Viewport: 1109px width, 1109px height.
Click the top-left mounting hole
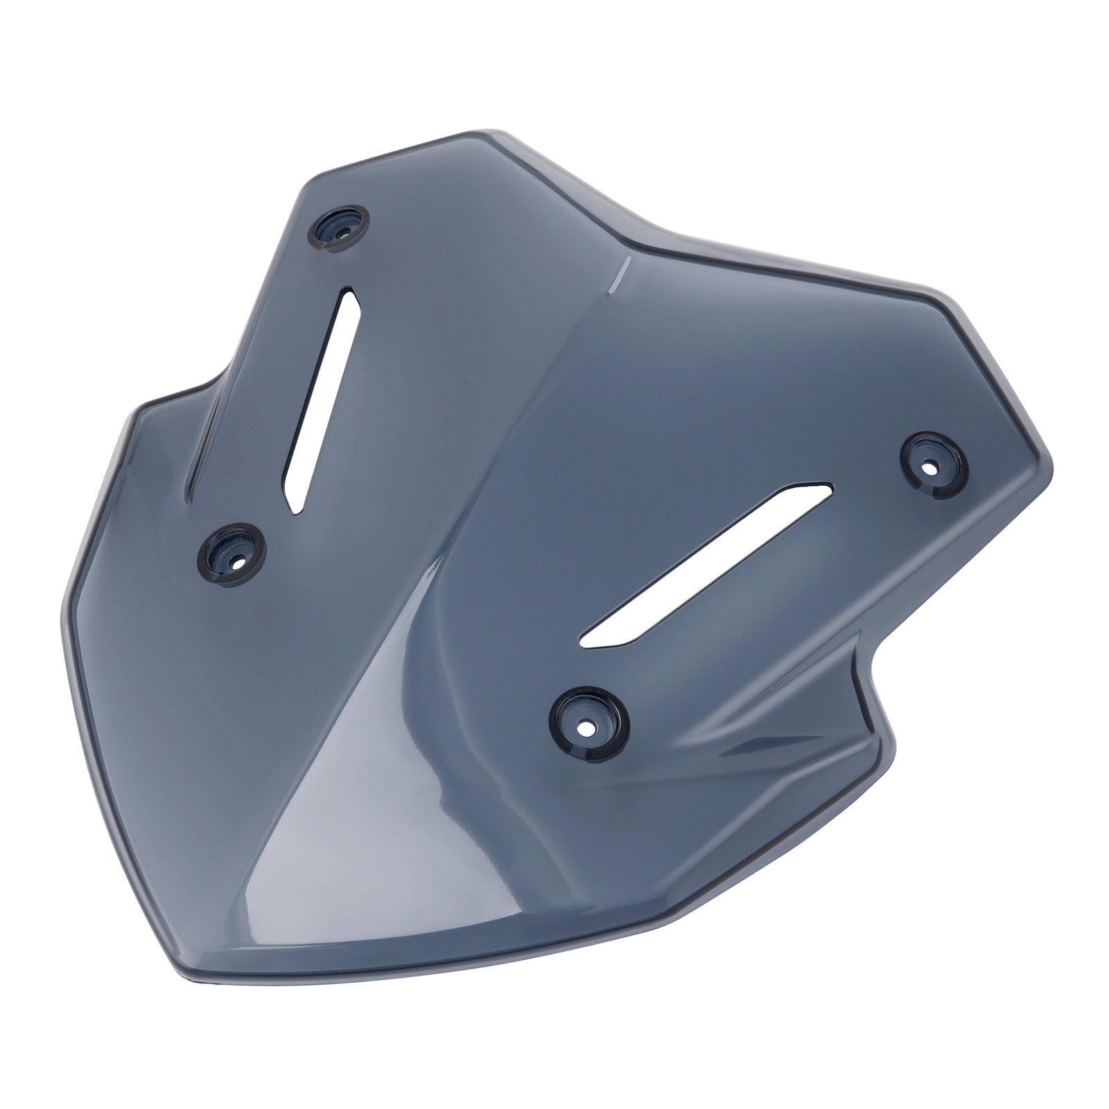pos(340,225)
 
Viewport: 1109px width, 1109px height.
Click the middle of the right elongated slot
pos(707,565)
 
